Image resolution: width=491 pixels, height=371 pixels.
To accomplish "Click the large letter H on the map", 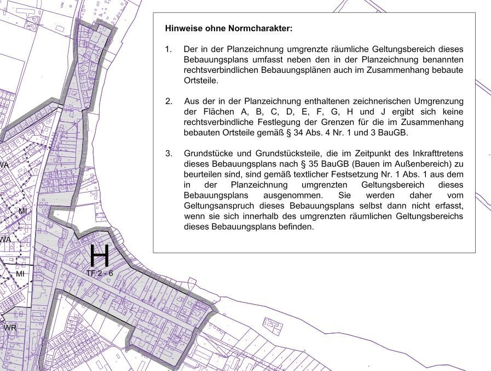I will click(99, 256).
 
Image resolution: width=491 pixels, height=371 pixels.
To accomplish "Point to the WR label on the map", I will click(10, 328).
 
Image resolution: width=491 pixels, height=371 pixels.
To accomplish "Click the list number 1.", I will click(168, 49).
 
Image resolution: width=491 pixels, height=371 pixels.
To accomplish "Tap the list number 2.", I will click(169, 101).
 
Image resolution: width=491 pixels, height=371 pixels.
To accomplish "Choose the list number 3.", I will click(169, 153).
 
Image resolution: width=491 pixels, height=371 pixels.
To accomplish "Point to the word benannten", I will click(442, 60).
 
